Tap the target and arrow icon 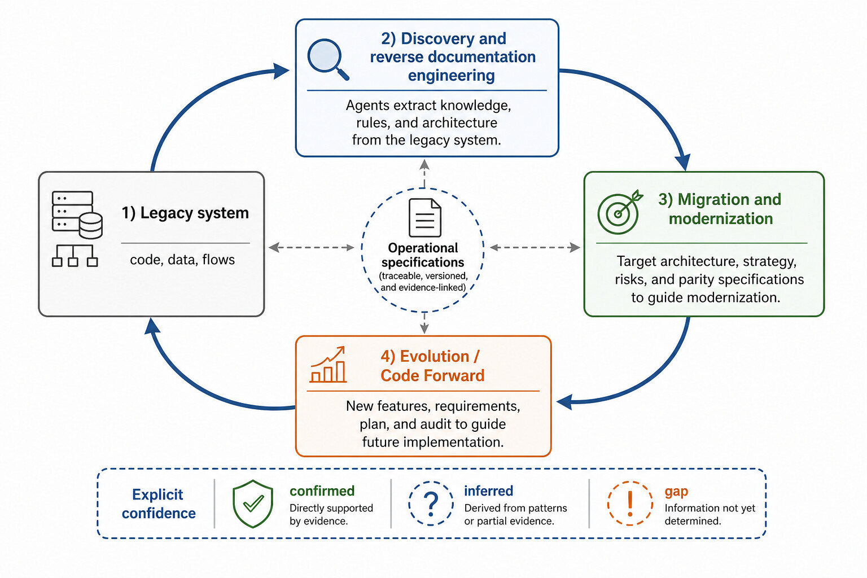point(619,213)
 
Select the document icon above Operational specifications point(424,217)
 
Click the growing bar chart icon point(328,365)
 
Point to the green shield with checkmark point(253,503)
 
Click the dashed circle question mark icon point(431,503)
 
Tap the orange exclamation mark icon point(630,503)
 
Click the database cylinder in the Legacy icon point(90,226)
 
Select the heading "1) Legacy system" point(185,213)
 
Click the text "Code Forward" point(432,375)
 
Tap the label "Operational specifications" point(423,255)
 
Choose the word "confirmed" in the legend point(322,491)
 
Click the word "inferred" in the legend point(488,491)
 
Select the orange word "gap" point(676,492)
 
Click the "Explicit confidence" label point(159,503)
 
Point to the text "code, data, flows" point(182,260)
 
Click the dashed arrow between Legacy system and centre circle point(311,247)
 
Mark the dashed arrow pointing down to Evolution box point(424,323)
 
